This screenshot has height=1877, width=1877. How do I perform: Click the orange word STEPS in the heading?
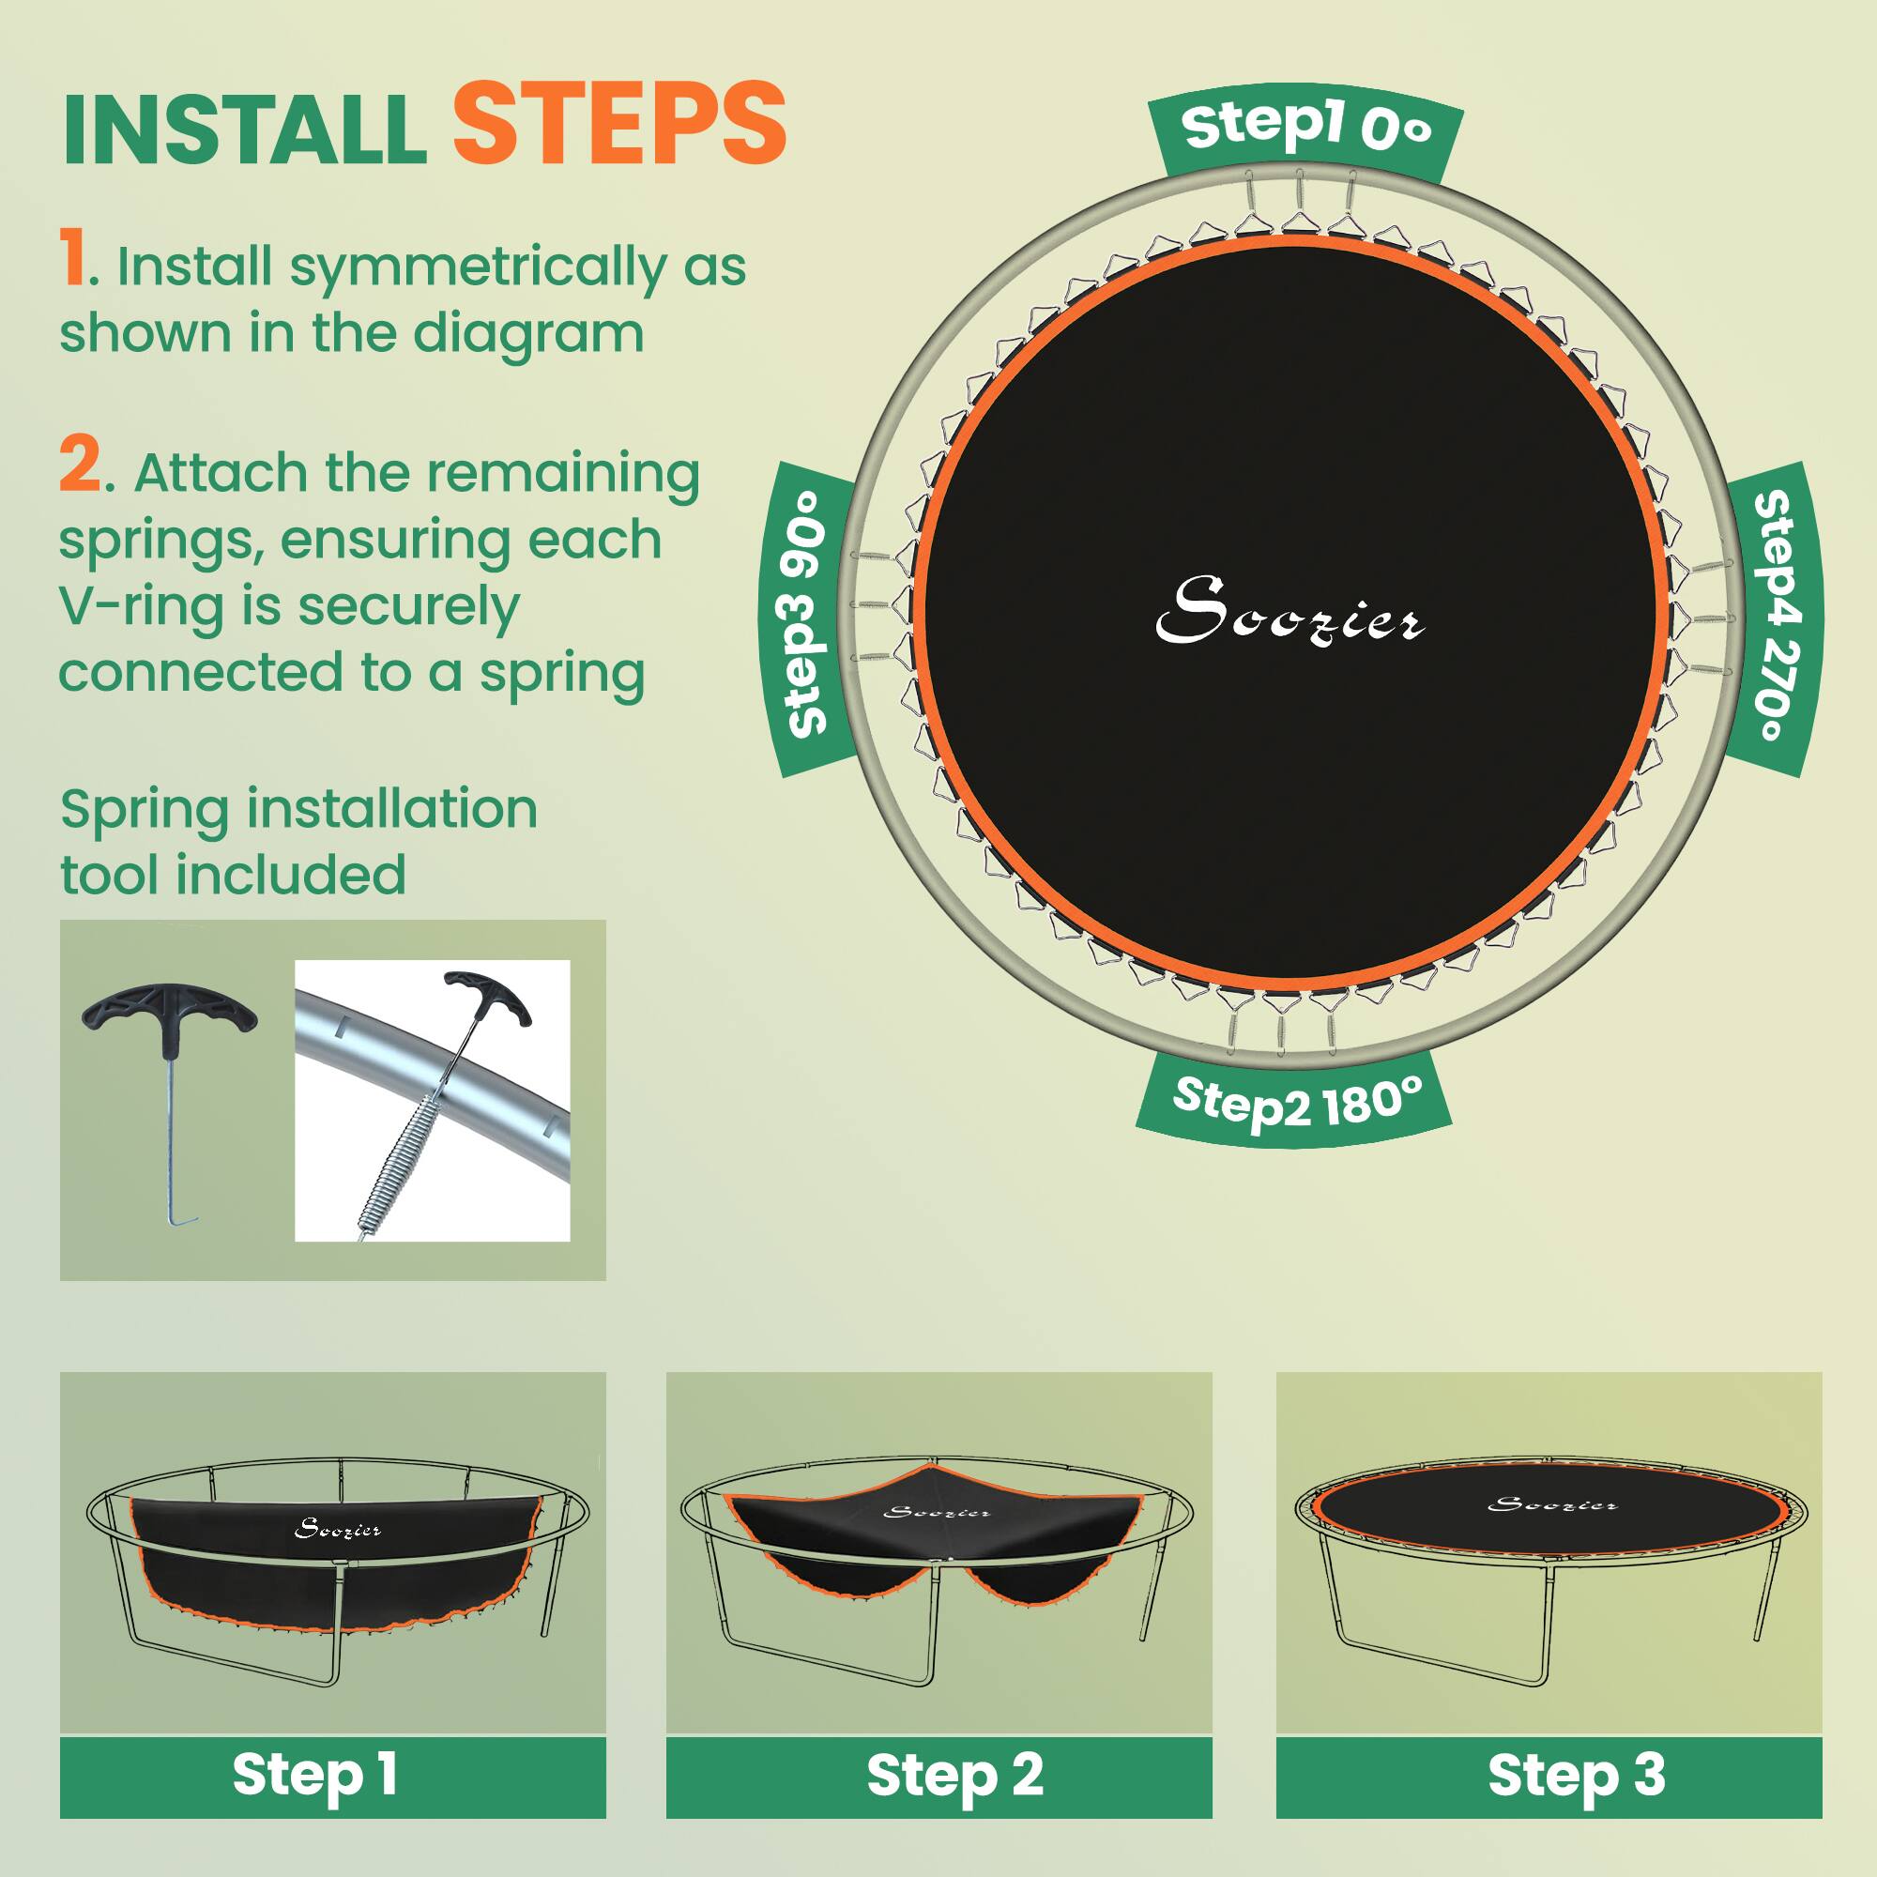point(618,125)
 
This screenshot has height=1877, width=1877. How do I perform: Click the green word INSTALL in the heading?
point(245,130)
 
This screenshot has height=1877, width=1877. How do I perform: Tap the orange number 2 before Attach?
point(80,466)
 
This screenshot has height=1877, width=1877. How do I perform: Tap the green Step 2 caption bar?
point(938,1775)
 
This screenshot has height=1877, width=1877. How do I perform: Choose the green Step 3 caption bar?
point(1549,1775)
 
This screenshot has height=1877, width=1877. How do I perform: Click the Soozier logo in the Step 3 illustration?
point(1552,1505)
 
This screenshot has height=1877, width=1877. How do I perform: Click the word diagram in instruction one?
point(528,333)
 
